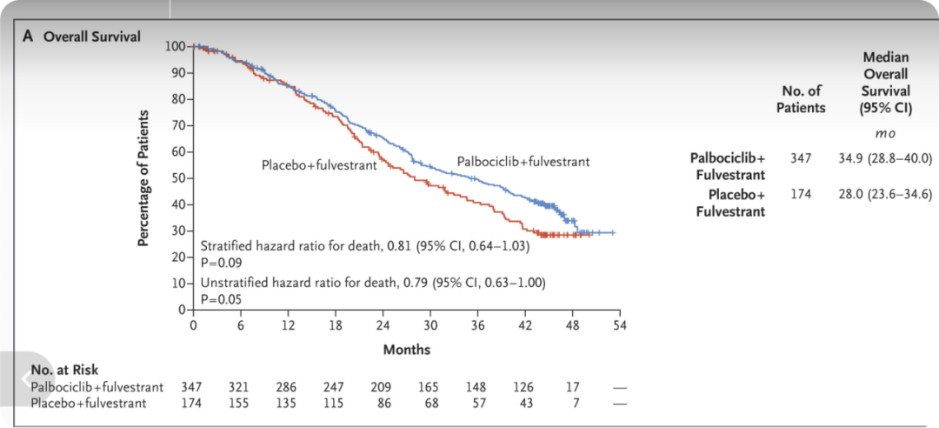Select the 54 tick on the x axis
coord(620,325)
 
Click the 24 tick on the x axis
coord(383,325)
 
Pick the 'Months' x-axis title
coord(406,350)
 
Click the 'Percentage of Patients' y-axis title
coord(145,177)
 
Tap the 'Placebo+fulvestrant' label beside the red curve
coord(318,164)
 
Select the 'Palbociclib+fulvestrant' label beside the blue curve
coord(523,162)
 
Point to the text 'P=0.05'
coord(221,298)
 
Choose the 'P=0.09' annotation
coord(221,262)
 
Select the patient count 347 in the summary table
coord(801,158)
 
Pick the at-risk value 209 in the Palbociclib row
coord(383,387)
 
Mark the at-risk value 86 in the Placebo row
coord(383,404)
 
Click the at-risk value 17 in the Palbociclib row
coord(573,387)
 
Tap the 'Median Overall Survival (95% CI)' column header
coord(886,84)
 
